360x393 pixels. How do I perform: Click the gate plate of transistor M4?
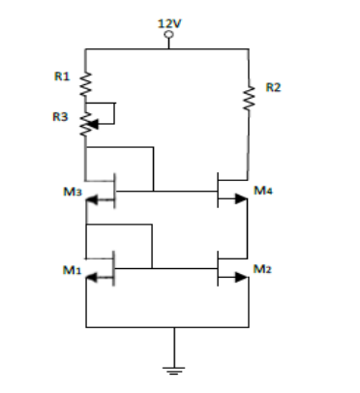(x=217, y=190)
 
